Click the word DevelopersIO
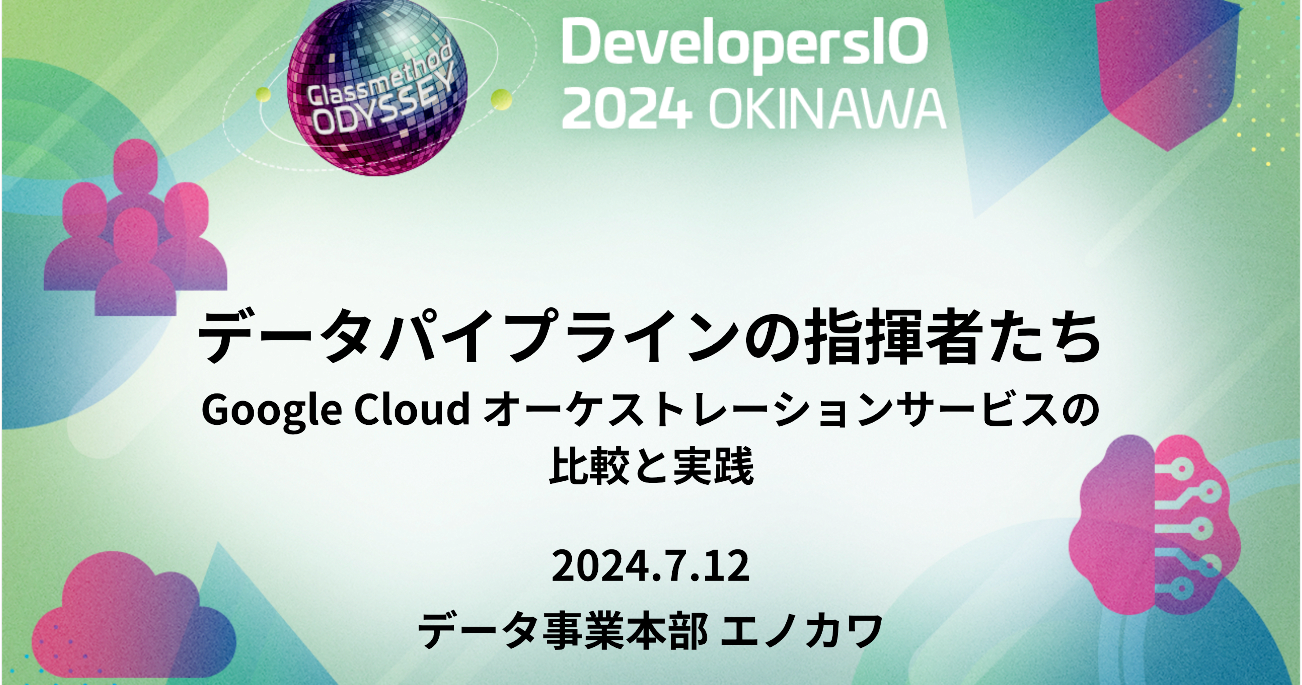pyautogui.click(x=745, y=45)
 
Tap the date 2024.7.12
pyautogui.click(x=651, y=566)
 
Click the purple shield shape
pyautogui.click(x=1167, y=71)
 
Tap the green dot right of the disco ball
pyautogui.click(x=500, y=99)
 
